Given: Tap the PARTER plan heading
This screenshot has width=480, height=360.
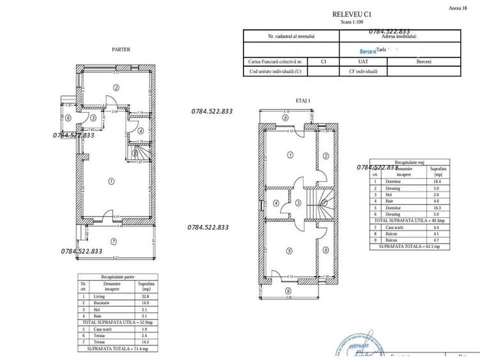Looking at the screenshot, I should [x=121, y=49].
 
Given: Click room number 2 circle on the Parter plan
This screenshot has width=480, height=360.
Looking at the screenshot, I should [x=116, y=87].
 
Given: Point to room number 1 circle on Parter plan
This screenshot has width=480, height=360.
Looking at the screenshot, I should [x=111, y=182].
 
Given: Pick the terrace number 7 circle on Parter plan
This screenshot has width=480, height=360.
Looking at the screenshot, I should [x=113, y=242].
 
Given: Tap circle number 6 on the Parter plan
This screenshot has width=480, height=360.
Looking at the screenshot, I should [x=68, y=118].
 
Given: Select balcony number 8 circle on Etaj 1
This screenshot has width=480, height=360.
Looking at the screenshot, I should [x=285, y=118].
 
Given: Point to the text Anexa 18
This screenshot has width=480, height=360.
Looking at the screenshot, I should [x=458, y=8].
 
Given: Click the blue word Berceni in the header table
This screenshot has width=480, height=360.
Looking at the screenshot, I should [x=369, y=51].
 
